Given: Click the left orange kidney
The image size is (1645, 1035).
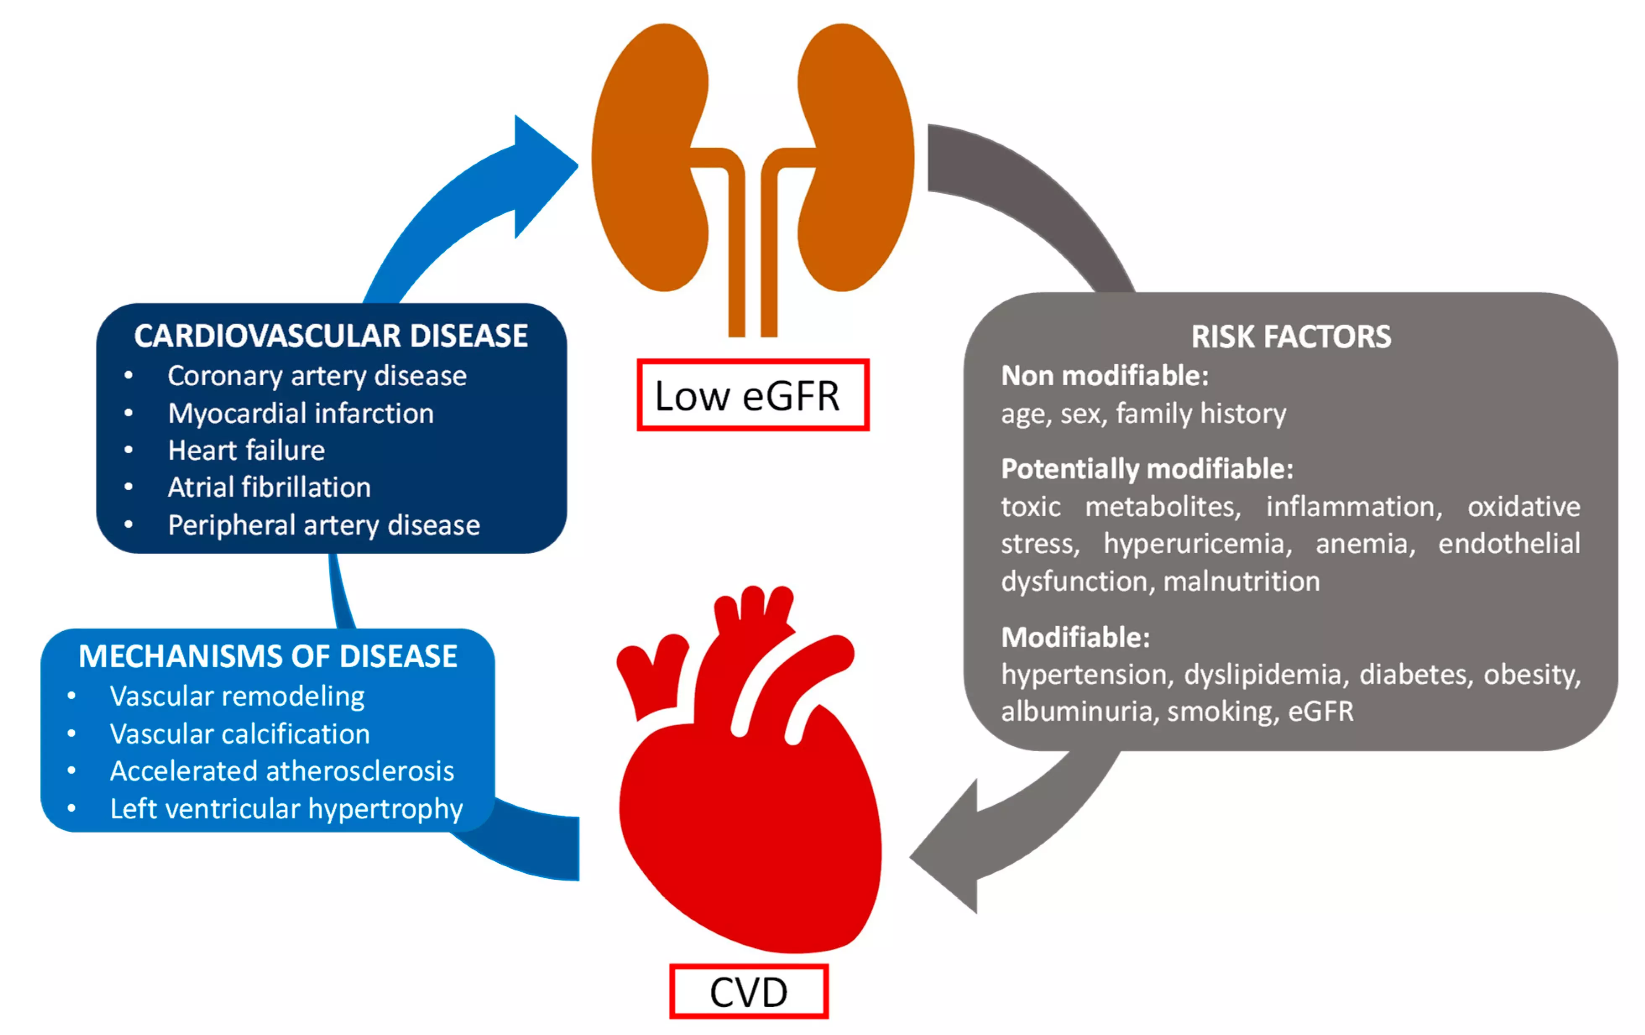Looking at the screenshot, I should (x=649, y=157).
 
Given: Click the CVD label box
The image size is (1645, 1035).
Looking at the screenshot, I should (x=749, y=991).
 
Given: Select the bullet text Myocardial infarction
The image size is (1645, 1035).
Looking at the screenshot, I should (x=300, y=413).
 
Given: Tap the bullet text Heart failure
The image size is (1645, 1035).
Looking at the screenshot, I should (x=246, y=450).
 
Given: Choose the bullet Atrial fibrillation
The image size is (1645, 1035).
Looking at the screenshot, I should (x=269, y=487).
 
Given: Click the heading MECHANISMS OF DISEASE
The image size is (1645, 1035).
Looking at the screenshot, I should (x=268, y=656).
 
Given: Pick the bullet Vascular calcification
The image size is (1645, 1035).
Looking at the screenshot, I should (x=240, y=734).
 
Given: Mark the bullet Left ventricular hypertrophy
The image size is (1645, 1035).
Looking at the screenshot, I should (x=286, y=808).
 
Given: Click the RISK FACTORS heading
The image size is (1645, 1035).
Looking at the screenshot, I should (x=1290, y=336).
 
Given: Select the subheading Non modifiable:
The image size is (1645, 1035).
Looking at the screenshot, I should (x=1104, y=376).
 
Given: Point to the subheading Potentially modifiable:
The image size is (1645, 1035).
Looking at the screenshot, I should (x=1147, y=469).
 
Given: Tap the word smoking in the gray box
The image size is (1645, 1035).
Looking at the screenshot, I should (x=1222, y=711).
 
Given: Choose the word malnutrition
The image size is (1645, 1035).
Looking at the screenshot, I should (x=1241, y=581).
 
